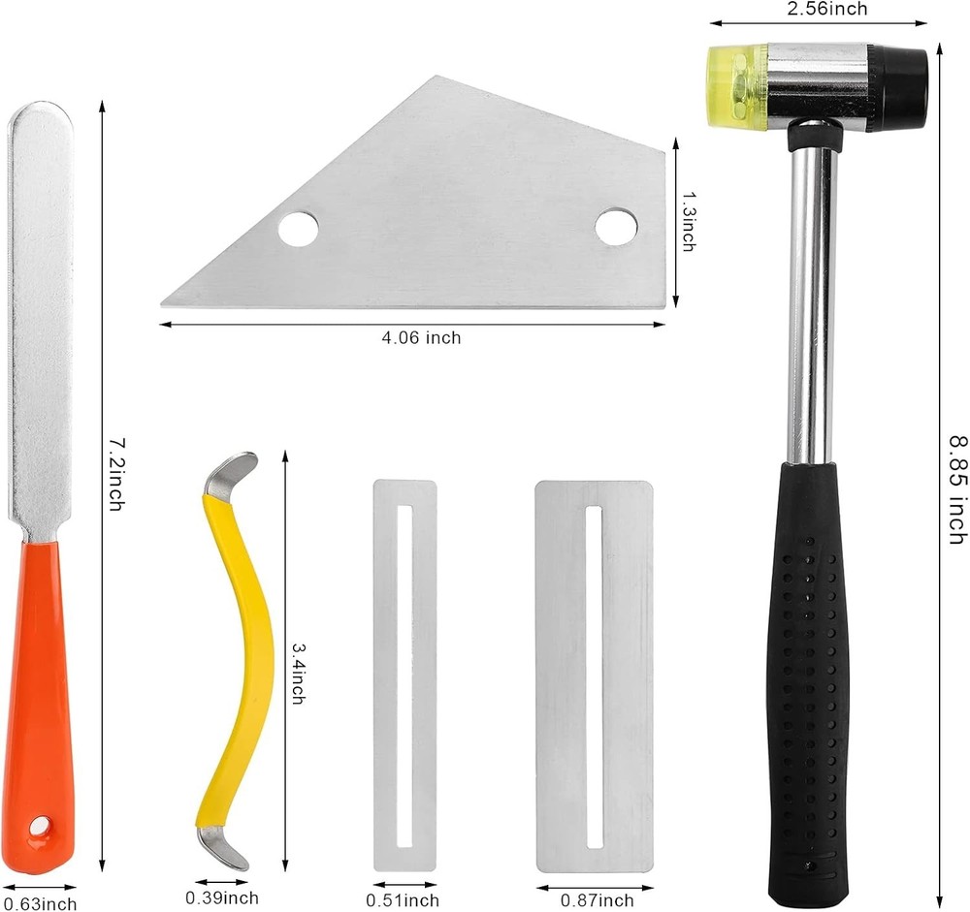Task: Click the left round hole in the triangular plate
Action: point(298,228)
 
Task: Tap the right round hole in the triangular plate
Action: point(616,226)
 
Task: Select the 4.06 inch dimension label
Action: point(421,337)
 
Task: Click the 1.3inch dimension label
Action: point(688,221)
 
